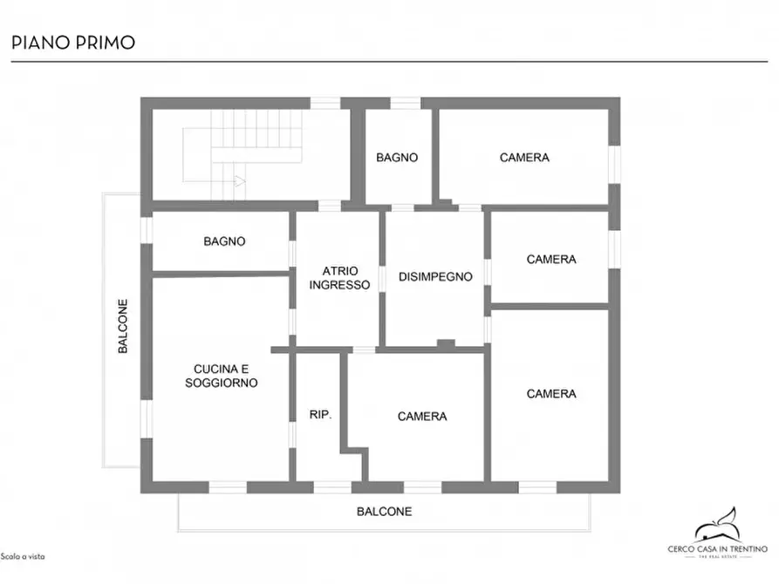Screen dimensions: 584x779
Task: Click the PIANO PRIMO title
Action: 72,42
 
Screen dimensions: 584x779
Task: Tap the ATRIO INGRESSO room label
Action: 339,278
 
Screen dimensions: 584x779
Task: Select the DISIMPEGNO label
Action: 435,277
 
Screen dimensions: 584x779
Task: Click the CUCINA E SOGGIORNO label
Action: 222,376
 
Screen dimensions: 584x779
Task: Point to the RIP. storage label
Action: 320,415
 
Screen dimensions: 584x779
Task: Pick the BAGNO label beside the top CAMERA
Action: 397,158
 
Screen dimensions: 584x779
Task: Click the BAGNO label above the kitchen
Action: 224,241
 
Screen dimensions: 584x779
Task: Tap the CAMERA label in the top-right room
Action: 524,158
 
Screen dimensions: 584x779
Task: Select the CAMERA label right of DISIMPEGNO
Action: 551,260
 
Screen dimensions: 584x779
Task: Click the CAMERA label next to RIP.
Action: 422,417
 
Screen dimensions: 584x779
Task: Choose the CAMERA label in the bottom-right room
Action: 551,394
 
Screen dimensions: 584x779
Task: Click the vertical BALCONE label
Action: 124,327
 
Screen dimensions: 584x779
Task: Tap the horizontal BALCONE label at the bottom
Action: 384,512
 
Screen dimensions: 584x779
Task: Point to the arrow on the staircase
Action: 240,181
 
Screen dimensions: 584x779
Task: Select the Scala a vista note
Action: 23,556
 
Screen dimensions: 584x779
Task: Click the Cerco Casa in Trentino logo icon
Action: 717,526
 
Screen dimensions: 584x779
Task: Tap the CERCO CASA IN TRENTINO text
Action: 717,548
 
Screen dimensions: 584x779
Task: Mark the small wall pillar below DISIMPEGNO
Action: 446,344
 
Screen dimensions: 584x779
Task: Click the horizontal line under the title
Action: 389,62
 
